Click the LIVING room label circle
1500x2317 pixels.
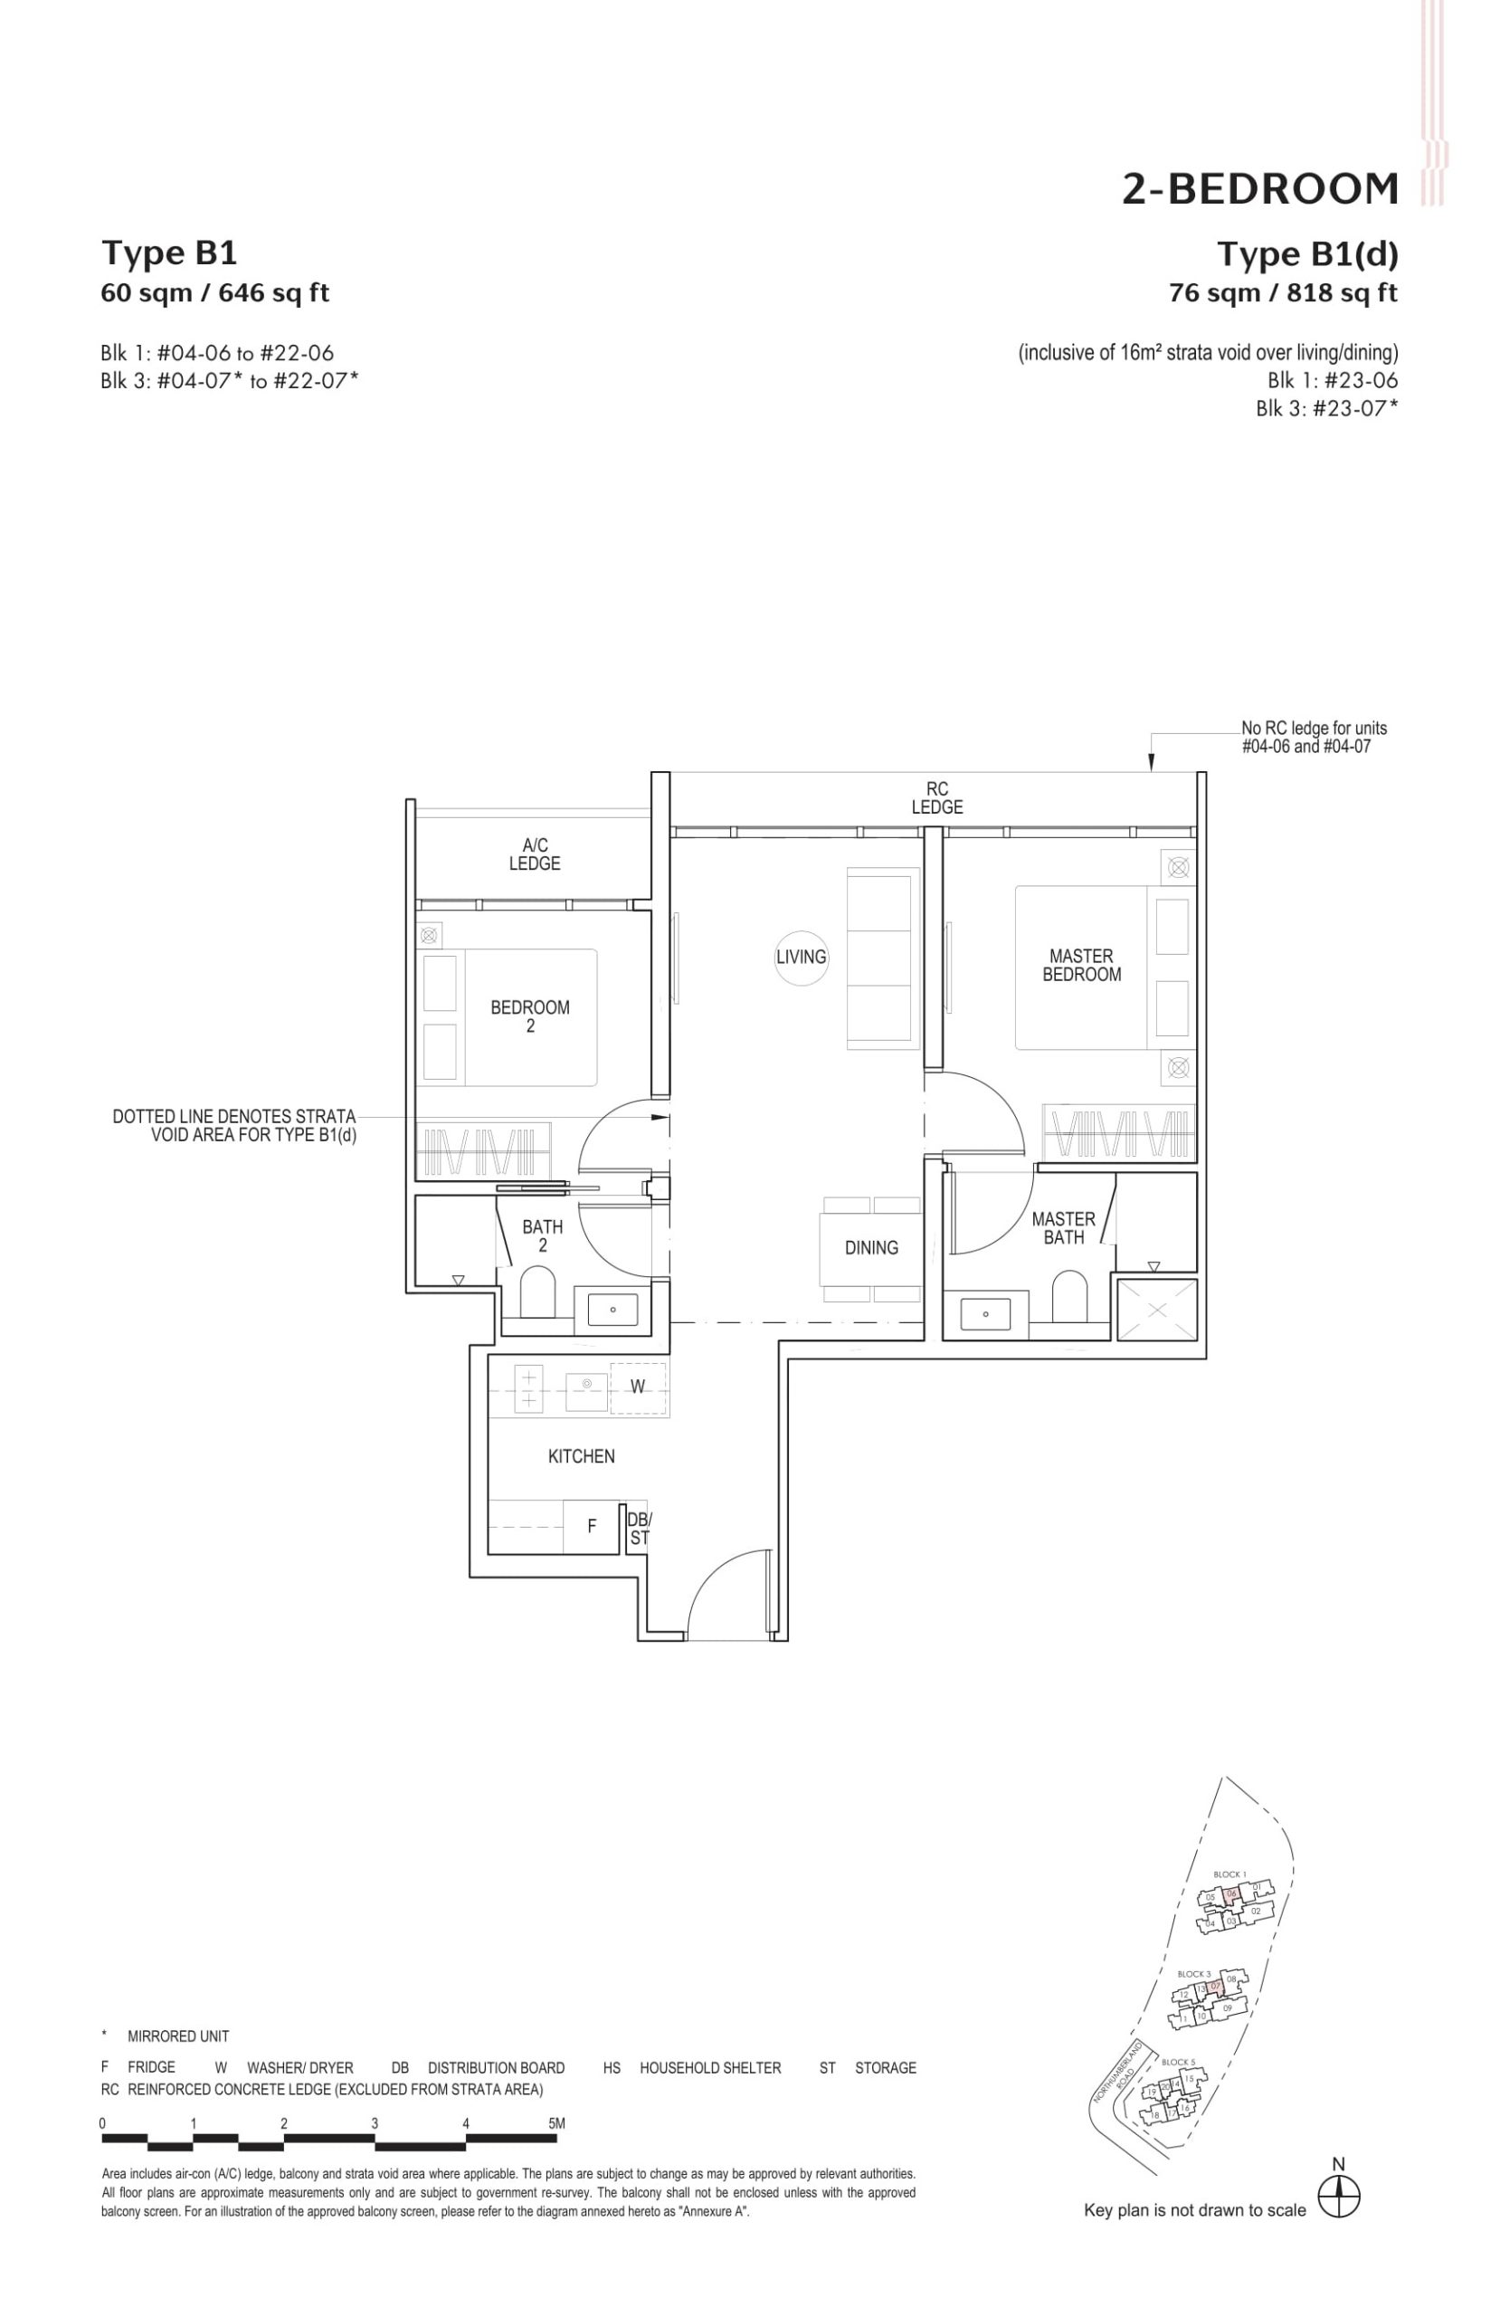coord(800,956)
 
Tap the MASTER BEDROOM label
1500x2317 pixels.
coord(1080,965)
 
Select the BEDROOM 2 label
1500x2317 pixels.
coord(529,1015)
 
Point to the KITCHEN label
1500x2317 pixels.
coord(581,1456)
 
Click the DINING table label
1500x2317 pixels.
coord(870,1248)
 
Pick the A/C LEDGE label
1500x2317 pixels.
coord(535,853)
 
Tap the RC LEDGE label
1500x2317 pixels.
coord(936,797)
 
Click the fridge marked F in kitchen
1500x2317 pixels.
coord(591,1527)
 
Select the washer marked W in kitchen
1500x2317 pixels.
coord(637,1387)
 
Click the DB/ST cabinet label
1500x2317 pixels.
coord(639,1529)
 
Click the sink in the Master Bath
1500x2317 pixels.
coord(985,1313)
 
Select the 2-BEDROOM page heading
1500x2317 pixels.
coord(1259,189)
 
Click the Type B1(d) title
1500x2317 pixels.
coord(1307,254)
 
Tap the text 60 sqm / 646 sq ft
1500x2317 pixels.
coord(215,292)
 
